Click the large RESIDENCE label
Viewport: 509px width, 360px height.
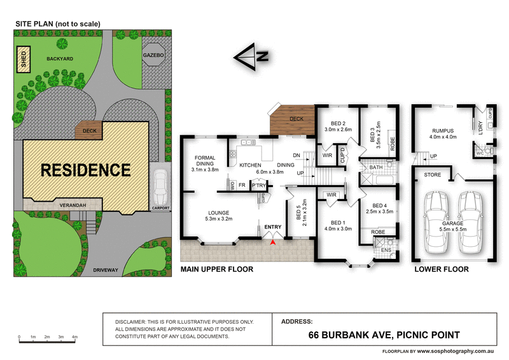pos(86,170)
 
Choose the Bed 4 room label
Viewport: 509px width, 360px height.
pos(380,209)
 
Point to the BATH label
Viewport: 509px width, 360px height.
pos(373,169)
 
